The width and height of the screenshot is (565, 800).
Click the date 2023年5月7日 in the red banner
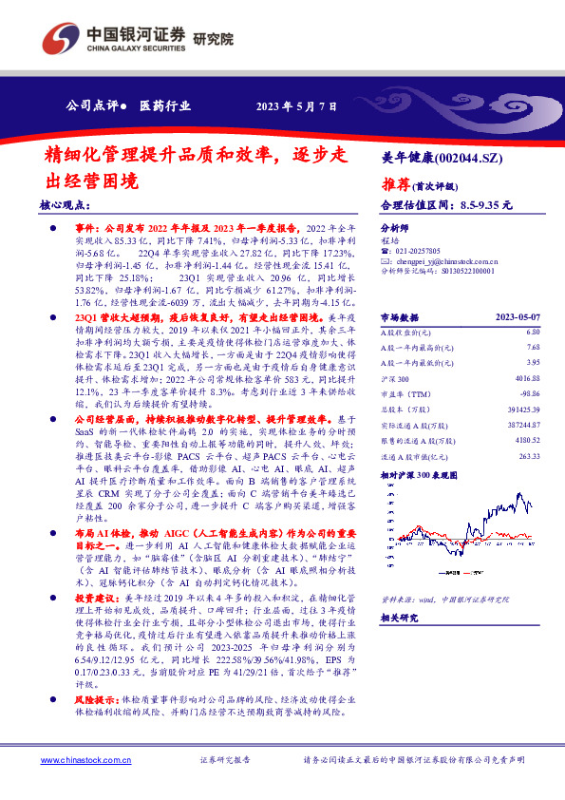click(x=296, y=105)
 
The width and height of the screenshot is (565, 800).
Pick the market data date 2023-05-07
click(x=518, y=316)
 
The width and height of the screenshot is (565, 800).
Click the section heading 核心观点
click(x=65, y=204)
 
